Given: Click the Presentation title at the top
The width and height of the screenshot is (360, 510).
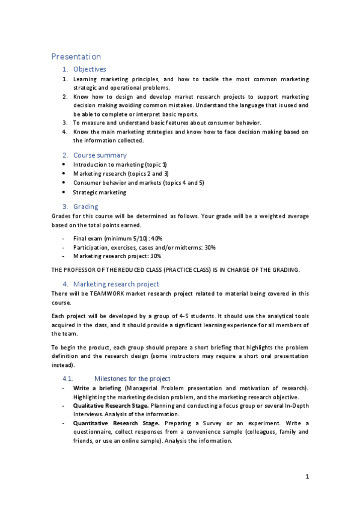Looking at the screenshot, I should (76, 57).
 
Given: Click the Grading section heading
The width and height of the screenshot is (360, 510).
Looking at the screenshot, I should (85, 206).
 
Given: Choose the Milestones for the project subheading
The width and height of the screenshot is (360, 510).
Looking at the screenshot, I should (132, 379).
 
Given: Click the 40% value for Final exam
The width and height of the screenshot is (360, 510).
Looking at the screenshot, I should (156, 239).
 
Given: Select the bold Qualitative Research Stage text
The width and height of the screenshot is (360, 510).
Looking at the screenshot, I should (111, 406).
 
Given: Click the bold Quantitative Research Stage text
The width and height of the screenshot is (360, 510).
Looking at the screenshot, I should (112, 423).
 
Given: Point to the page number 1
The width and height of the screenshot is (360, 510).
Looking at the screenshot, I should (307, 478).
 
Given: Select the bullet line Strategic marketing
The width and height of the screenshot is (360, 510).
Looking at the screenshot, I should (100, 192).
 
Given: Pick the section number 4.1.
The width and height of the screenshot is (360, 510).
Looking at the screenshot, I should (67, 379).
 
